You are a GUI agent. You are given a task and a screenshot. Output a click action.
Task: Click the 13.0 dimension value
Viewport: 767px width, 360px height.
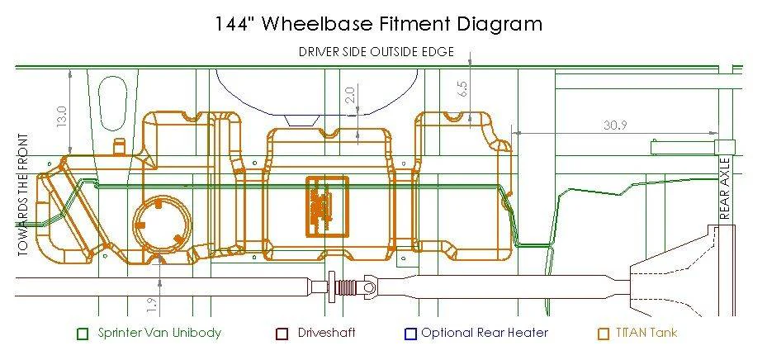click(x=62, y=117)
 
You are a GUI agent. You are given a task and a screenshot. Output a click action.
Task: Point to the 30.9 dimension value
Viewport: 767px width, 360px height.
click(x=615, y=126)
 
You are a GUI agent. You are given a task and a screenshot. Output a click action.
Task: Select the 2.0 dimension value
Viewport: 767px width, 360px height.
click(x=350, y=94)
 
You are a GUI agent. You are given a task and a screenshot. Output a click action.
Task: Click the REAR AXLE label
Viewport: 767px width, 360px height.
click(x=725, y=187)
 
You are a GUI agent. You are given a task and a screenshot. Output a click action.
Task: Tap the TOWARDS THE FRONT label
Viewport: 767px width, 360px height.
click(x=23, y=195)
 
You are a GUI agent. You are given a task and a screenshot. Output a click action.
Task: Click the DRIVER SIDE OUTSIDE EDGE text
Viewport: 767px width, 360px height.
click(x=376, y=52)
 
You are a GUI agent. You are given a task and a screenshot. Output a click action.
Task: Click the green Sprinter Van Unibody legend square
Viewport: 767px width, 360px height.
click(x=83, y=334)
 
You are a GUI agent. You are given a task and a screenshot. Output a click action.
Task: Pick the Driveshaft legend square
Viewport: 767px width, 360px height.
click(x=282, y=334)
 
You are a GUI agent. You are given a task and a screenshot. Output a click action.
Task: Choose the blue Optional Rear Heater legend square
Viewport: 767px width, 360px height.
click(x=410, y=334)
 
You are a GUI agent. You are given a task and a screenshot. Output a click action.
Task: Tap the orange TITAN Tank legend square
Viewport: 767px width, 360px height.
click(x=604, y=334)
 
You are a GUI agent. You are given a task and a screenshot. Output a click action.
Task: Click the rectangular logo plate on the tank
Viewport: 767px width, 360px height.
click(x=327, y=206)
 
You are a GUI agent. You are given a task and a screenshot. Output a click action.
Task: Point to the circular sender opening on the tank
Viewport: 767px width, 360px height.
click(x=162, y=225)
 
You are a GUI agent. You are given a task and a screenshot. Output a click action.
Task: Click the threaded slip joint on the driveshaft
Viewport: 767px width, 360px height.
click(x=347, y=287)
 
